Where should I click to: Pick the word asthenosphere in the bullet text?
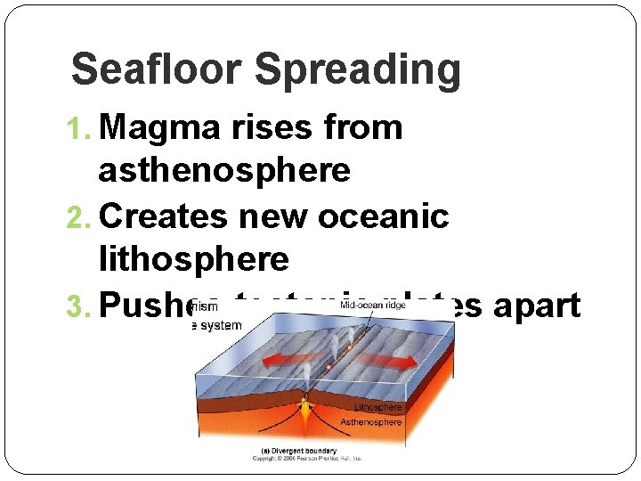224,169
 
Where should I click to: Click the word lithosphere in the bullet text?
194,258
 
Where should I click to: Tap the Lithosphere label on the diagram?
378,407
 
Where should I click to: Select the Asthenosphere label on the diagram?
371,421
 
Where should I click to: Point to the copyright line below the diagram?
307,458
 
